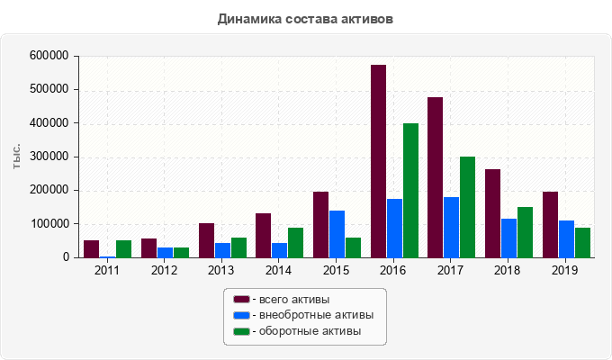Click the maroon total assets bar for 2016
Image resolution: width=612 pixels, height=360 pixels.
click(378, 162)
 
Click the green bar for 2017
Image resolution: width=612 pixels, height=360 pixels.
click(467, 207)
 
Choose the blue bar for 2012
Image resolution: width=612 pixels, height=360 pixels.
click(165, 252)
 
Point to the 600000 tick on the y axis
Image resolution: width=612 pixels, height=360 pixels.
click(49, 56)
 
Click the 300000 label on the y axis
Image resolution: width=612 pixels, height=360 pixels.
click(49, 157)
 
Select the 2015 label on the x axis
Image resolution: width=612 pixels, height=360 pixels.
click(336, 270)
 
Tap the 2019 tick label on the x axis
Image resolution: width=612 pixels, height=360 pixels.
click(565, 270)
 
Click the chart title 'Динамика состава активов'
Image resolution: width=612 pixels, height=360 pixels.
click(305, 18)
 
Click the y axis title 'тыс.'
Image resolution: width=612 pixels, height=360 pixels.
click(17, 157)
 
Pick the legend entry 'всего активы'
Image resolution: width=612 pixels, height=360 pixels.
click(293, 299)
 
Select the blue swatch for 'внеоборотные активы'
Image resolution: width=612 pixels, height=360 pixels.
click(241, 315)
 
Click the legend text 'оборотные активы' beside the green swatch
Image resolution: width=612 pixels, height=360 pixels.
click(310, 331)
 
